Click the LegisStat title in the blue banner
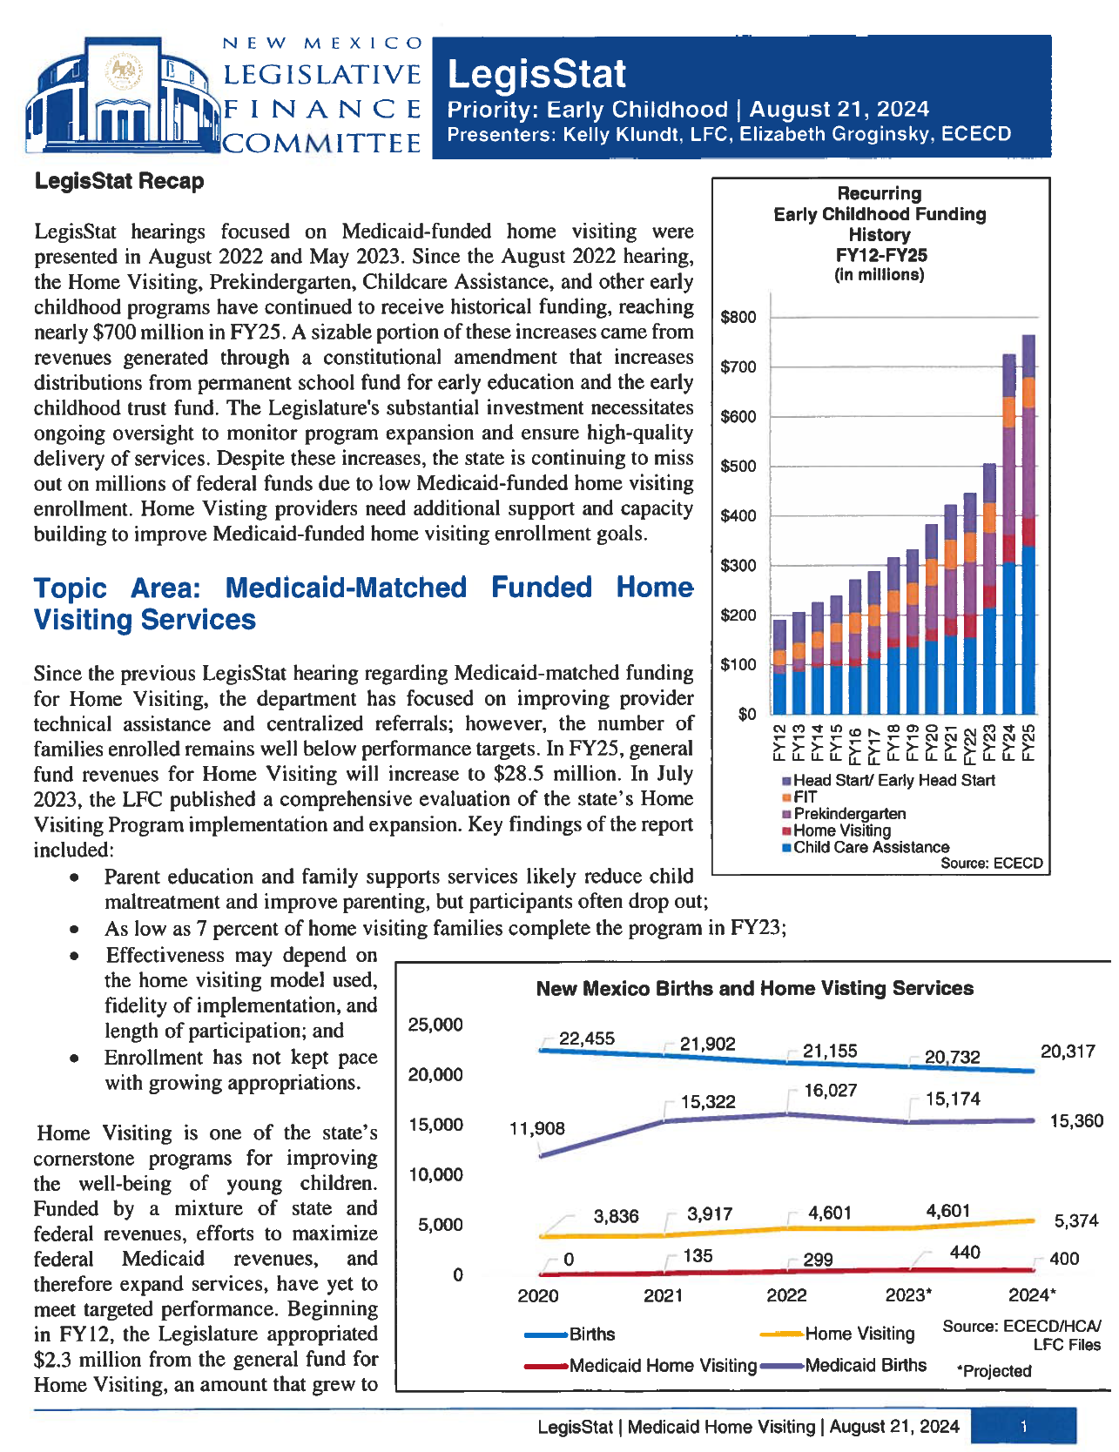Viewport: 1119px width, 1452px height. point(536,74)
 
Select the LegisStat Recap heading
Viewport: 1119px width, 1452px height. point(119,181)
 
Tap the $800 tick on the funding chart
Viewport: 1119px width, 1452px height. point(738,317)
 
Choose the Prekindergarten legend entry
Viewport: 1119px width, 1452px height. point(849,813)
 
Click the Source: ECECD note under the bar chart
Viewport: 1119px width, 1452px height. point(991,864)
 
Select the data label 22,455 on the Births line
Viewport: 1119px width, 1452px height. point(586,1039)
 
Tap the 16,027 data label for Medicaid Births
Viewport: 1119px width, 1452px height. point(830,1090)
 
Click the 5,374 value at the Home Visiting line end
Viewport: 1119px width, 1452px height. point(1076,1220)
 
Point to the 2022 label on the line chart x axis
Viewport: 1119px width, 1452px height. point(786,1295)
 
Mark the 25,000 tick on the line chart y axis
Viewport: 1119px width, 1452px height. point(435,1025)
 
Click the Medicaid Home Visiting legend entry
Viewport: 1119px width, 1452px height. point(663,1366)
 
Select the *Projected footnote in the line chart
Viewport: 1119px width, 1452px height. point(994,1371)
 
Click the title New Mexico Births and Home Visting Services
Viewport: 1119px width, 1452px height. point(754,988)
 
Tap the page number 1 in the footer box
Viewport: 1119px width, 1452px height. point(1023,1426)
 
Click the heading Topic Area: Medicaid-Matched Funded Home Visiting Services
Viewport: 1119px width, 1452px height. point(363,602)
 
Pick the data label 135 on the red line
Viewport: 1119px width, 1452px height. point(698,1255)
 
